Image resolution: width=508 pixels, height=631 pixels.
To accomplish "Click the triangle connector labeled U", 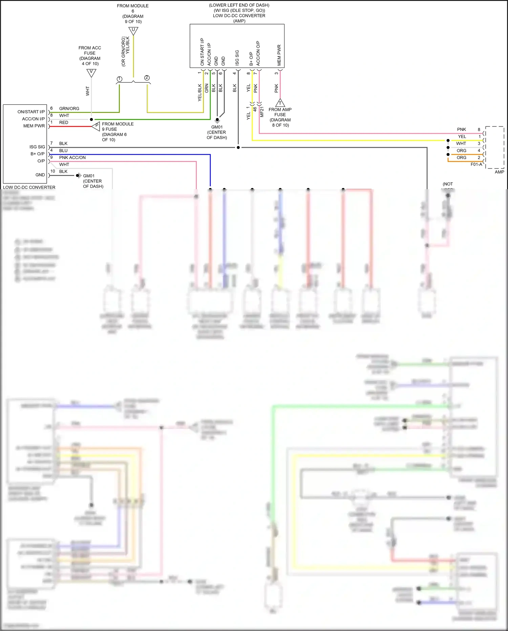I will point(133,31).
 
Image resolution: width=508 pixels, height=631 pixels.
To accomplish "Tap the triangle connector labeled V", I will point(91,73).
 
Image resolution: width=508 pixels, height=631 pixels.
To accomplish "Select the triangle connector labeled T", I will point(280,103).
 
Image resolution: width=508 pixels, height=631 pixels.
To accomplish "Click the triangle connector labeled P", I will point(96,126).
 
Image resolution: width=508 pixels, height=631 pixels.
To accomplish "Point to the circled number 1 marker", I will point(119,79).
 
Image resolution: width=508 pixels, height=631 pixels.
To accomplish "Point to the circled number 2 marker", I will point(147,78).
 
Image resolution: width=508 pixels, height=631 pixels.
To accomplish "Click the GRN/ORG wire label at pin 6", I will point(69,109).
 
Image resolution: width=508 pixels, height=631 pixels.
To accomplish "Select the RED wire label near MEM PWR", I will point(64,122).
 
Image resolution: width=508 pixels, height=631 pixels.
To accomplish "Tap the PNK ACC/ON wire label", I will point(72,157).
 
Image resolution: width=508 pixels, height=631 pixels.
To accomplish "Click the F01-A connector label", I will point(476,164).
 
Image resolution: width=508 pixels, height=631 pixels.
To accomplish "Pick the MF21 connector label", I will point(262,112).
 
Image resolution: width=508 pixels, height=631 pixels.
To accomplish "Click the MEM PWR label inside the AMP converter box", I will point(279,55).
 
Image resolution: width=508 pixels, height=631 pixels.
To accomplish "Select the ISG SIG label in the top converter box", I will point(237,58).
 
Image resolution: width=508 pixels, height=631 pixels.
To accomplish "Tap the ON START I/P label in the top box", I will point(202,52).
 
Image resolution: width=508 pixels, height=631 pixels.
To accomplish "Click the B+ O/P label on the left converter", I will point(38,154).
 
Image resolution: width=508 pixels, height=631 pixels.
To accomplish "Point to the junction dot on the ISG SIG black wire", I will point(238,147).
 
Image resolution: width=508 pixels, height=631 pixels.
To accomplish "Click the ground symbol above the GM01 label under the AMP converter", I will point(217,120).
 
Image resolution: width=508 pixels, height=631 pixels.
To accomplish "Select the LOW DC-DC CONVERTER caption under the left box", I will point(29,187).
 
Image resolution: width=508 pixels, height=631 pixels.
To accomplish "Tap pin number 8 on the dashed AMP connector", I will point(479,130).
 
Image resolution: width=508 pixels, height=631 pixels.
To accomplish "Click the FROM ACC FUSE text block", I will point(90,56).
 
